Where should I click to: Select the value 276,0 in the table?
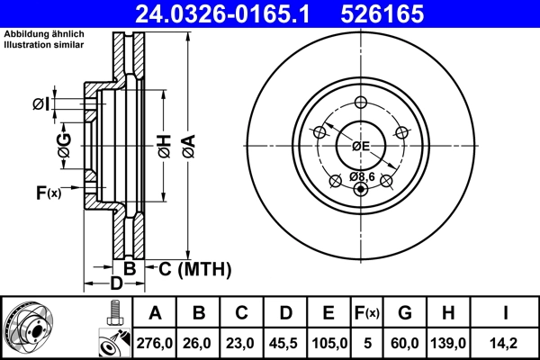[156, 343]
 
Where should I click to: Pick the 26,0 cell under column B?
[199, 343]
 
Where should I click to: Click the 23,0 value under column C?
[242, 343]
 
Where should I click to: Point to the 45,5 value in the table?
[285, 343]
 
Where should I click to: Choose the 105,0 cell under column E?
[328, 343]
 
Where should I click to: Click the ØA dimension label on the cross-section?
[188, 143]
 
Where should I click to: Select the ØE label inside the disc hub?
[361, 145]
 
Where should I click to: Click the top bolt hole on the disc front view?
[361, 102]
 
